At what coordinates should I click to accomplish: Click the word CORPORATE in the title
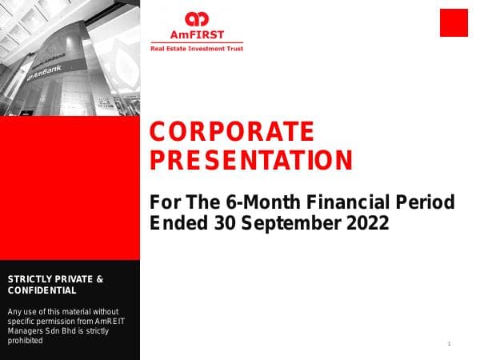pyautogui.click(x=232, y=131)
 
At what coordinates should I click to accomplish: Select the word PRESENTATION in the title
pyautogui.click(x=252, y=161)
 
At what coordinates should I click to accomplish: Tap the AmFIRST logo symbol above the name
pyautogui.click(x=196, y=19)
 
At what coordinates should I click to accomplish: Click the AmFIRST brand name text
pyautogui.click(x=196, y=35)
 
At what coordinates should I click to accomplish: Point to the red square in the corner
pyautogui.click(x=454, y=22)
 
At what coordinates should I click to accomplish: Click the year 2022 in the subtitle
pyautogui.click(x=367, y=224)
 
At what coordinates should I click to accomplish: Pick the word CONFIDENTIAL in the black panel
pyautogui.click(x=42, y=290)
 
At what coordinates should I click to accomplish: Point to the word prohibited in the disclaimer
pyautogui.click(x=24, y=340)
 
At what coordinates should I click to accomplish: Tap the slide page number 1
pyautogui.click(x=450, y=344)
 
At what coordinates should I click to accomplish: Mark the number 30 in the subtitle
pyautogui.click(x=226, y=224)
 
